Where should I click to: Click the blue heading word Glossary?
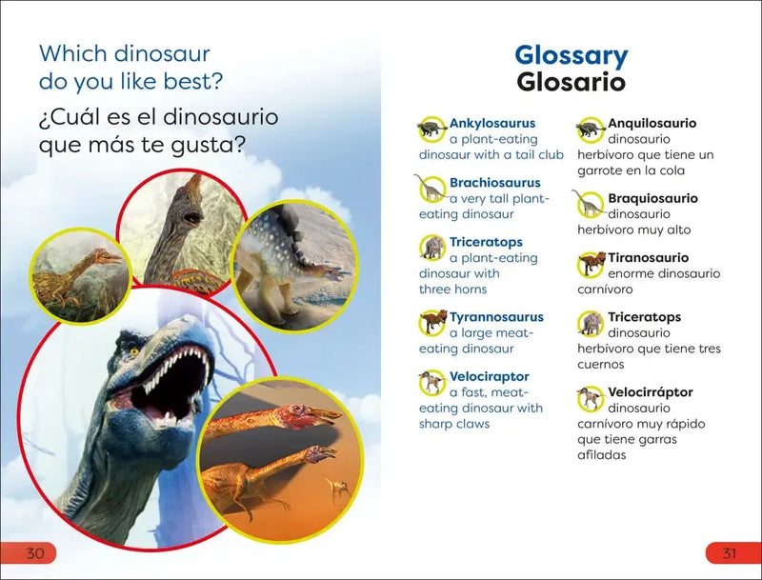click(571, 55)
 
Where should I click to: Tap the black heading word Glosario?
click(571, 82)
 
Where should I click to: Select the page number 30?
click(35, 553)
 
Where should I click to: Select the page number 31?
click(729, 553)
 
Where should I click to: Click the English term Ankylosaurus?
click(491, 123)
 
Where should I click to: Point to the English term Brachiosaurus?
click(494, 183)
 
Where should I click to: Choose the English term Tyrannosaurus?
click(496, 317)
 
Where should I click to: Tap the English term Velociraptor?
click(489, 377)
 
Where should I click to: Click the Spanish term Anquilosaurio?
click(652, 123)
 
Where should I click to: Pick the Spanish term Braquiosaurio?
click(652, 198)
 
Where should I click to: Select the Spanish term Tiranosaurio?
click(648, 258)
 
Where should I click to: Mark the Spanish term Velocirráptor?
click(651, 392)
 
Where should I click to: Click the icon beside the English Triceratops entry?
click(432, 248)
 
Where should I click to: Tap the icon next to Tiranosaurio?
click(592, 264)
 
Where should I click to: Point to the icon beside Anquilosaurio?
click(591, 129)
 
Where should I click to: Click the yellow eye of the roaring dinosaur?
click(134, 351)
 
